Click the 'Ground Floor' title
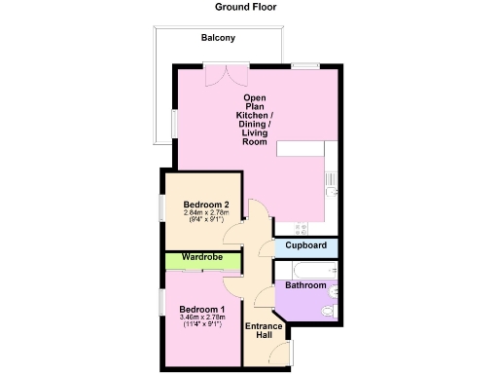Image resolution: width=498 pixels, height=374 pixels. click(245, 7)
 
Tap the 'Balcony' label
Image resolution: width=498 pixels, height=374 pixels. click(218, 38)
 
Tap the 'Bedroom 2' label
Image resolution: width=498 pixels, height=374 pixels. click(205, 204)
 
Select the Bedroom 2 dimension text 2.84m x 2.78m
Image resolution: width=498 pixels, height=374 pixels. click(205, 212)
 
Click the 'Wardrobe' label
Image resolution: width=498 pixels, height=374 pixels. click(201, 257)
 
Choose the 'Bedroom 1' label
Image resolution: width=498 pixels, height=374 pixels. click(201, 310)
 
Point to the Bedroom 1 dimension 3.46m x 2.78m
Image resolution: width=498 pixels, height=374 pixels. click(201, 318)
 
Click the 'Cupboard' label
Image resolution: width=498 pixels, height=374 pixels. click(305, 246)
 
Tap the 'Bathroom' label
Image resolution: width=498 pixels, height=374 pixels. click(305, 285)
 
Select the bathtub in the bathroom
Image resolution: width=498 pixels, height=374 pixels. click(305, 268)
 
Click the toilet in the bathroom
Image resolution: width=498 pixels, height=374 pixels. click(328, 311)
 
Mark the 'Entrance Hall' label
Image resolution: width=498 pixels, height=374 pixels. click(263, 330)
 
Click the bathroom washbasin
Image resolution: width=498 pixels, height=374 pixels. click(334, 290)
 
